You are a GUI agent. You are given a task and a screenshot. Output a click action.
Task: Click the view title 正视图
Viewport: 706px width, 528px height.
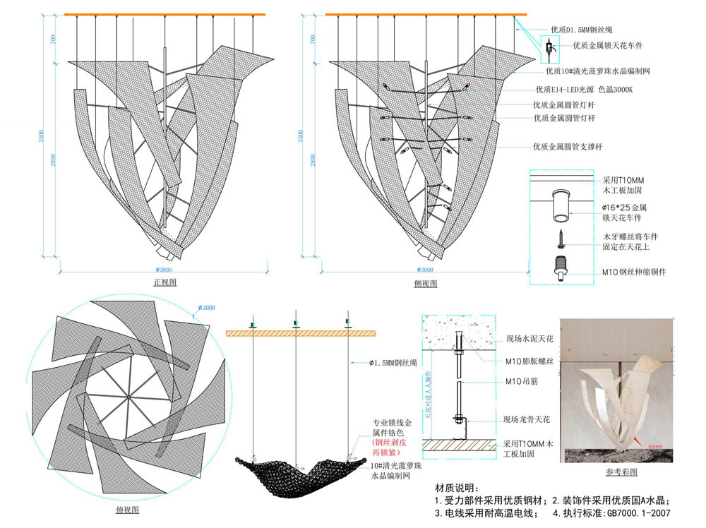click(x=164, y=282)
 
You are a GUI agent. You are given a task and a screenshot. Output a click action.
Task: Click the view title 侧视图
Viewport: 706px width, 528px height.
click(x=426, y=283)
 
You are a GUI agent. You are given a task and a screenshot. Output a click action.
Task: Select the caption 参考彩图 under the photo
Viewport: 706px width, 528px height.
click(x=621, y=472)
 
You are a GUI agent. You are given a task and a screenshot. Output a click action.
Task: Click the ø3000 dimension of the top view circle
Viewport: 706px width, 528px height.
click(x=207, y=308)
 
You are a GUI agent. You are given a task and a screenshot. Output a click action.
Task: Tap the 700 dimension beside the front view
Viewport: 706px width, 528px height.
click(x=53, y=40)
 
